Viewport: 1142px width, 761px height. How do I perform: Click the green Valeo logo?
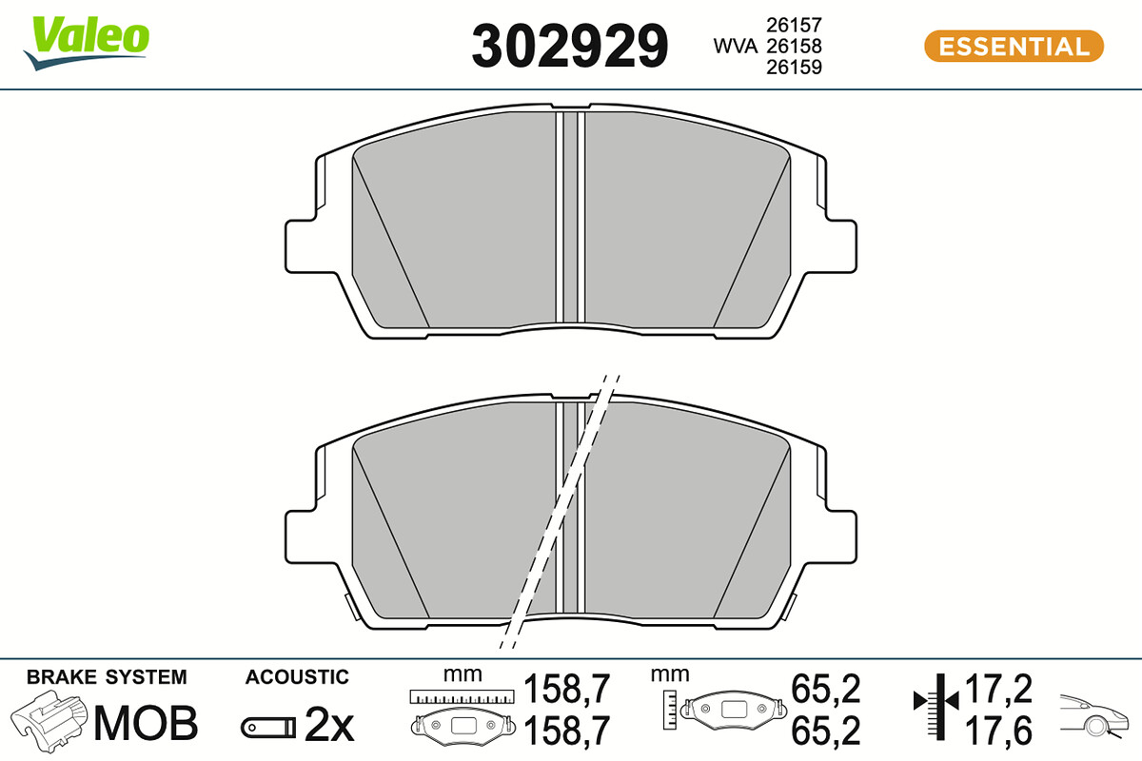click(87, 42)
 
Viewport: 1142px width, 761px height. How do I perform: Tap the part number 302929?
click(569, 46)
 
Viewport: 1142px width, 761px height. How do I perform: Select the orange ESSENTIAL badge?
click(1014, 47)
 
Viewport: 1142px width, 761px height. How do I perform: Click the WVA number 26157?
click(794, 25)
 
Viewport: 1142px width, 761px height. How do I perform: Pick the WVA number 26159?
click(794, 67)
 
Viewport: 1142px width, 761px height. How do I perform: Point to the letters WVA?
click(735, 46)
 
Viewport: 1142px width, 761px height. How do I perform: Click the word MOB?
click(146, 723)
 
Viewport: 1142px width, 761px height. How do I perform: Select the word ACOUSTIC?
click(297, 677)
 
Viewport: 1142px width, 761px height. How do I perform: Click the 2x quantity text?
click(329, 725)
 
